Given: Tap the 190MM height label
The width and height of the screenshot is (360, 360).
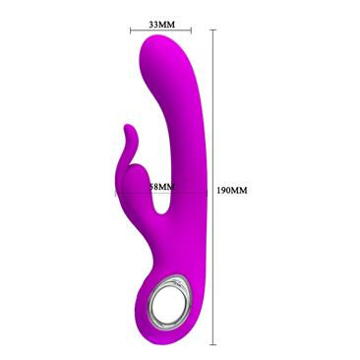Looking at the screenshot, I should tap(234, 187).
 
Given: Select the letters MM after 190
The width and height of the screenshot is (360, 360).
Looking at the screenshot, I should tap(243, 187).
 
